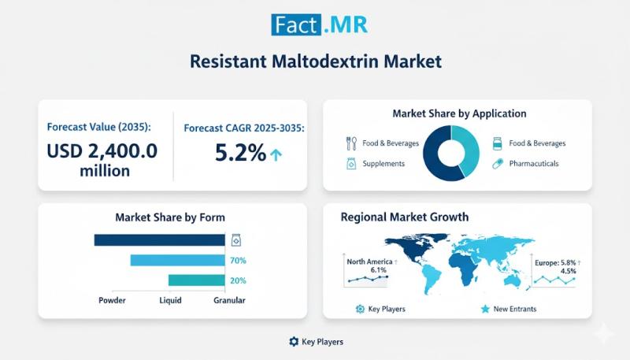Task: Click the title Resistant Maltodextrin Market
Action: tap(314, 61)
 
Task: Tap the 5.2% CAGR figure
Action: tap(240, 153)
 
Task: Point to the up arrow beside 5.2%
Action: tap(276, 154)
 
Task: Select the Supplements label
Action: tap(384, 164)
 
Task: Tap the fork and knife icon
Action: tap(351, 143)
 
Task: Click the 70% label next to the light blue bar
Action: tap(238, 261)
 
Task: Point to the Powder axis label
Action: tap(113, 300)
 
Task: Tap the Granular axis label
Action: tap(229, 300)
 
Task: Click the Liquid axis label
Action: tap(171, 300)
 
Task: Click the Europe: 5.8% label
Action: tap(554, 264)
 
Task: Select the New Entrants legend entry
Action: tap(513, 309)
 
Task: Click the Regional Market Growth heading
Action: tap(404, 217)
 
